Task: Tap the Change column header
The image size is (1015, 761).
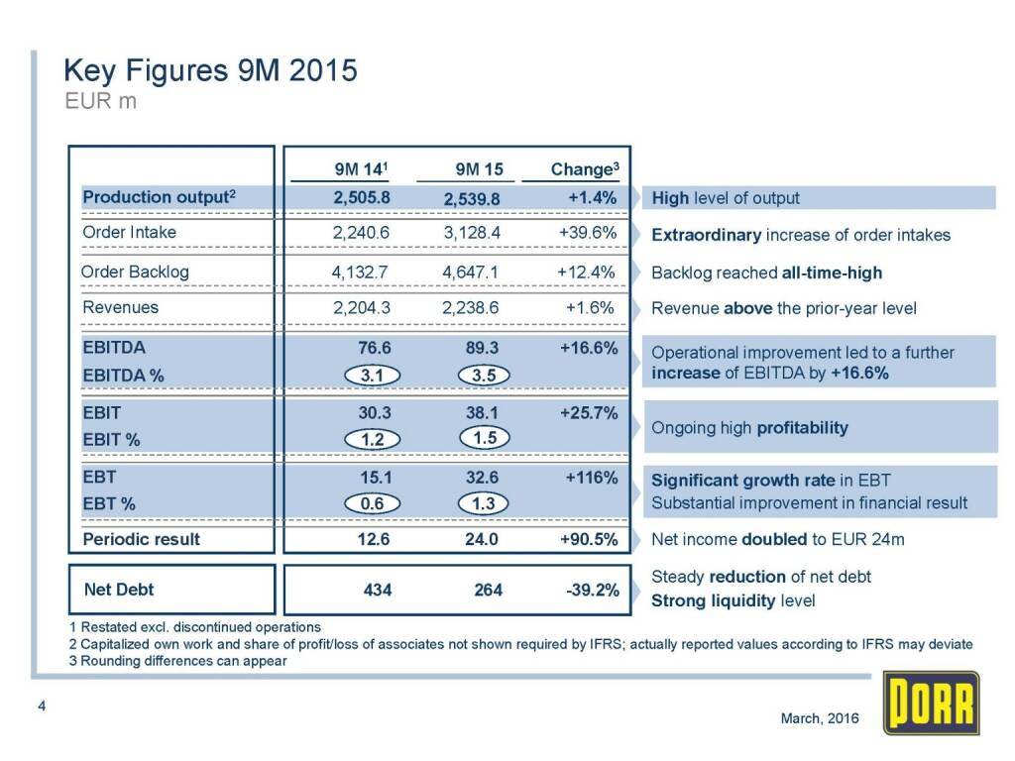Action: click(x=585, y=168)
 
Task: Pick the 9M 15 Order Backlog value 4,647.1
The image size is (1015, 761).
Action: click(x=470, y=272)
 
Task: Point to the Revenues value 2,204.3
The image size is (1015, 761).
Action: click(x=362, y=307)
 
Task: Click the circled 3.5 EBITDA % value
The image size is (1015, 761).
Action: click(x=485, y=376)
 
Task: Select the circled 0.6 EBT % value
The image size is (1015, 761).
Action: click(x=373, y=503)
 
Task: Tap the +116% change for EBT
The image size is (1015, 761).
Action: click(x=592, y=478)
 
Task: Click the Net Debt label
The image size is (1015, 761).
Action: click(x=119, y=590)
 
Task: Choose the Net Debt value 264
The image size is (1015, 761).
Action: click(x=488, y=590)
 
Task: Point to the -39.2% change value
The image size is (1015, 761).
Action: click(x=591, y=591)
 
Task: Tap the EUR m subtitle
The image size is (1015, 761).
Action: click(x=100, y=101)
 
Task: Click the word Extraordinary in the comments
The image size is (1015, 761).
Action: click(x=706, y=236)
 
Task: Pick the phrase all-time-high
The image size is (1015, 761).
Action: click(x=832, y=272)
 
